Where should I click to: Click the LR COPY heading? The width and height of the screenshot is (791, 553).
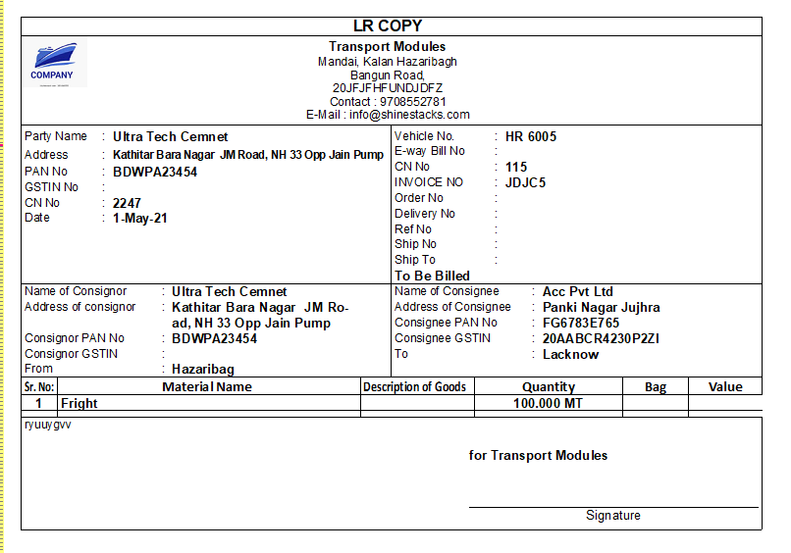coord(388,26)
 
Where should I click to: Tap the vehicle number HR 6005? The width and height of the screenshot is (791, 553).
coord(531,136)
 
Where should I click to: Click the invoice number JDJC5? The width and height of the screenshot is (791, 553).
coord(525,182)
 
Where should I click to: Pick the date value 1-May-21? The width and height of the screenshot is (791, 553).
coord(140,218)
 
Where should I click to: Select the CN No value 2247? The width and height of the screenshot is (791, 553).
coord(128,203)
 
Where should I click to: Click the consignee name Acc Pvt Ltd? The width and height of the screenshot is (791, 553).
coord(578,291)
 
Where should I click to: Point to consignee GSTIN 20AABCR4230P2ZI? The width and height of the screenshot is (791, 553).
coord(601,338)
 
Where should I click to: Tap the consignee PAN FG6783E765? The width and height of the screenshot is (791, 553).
coord(581,323)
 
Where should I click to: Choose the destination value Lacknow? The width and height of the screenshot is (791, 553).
coord(570,354)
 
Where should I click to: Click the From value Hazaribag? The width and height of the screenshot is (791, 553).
coord(203,370)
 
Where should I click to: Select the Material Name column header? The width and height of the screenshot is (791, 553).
coord(207,386)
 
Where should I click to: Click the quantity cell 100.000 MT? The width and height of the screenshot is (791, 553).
coord(548,403)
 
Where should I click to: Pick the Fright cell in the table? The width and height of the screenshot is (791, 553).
coord(79,403)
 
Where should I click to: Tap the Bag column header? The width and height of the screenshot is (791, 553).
coord(656,387)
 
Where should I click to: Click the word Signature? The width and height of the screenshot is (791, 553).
coord(613,516)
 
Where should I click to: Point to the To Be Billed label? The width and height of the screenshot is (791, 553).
coord(432,276)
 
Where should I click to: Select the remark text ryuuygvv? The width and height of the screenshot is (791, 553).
coord(48,425)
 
